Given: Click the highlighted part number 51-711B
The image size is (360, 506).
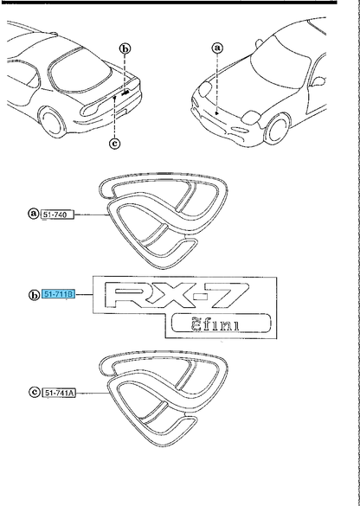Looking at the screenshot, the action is point(59,294).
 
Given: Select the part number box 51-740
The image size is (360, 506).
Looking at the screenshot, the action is point(57,215).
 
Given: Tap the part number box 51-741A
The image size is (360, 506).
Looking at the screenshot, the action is point(59,393).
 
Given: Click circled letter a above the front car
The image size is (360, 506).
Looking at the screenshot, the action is point(217,48).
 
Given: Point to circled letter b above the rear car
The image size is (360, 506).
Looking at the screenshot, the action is point(125,48).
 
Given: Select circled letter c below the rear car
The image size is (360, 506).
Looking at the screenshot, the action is point(115,143).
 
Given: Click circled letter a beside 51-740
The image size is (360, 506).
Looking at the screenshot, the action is point(34,214).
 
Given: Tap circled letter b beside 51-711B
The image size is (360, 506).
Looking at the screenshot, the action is point(35,295).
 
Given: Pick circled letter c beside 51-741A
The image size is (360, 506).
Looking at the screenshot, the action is point(35,392).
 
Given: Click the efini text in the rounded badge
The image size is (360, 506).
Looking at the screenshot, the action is point(215,324).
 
